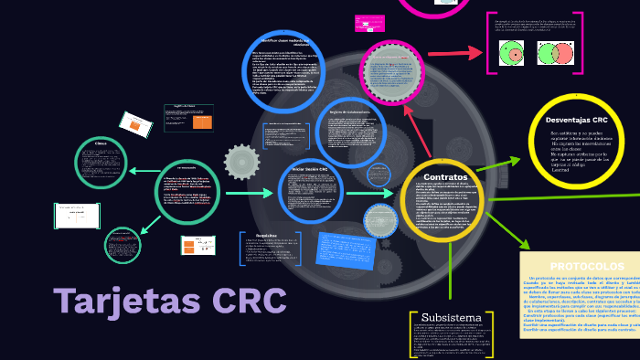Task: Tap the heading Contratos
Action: pos(446,176)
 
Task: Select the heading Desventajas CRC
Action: pos(576,120)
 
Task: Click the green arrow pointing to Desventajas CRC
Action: pos(500,164)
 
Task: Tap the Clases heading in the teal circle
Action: pos(101,145)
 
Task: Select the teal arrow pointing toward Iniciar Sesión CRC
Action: pos(249,194)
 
